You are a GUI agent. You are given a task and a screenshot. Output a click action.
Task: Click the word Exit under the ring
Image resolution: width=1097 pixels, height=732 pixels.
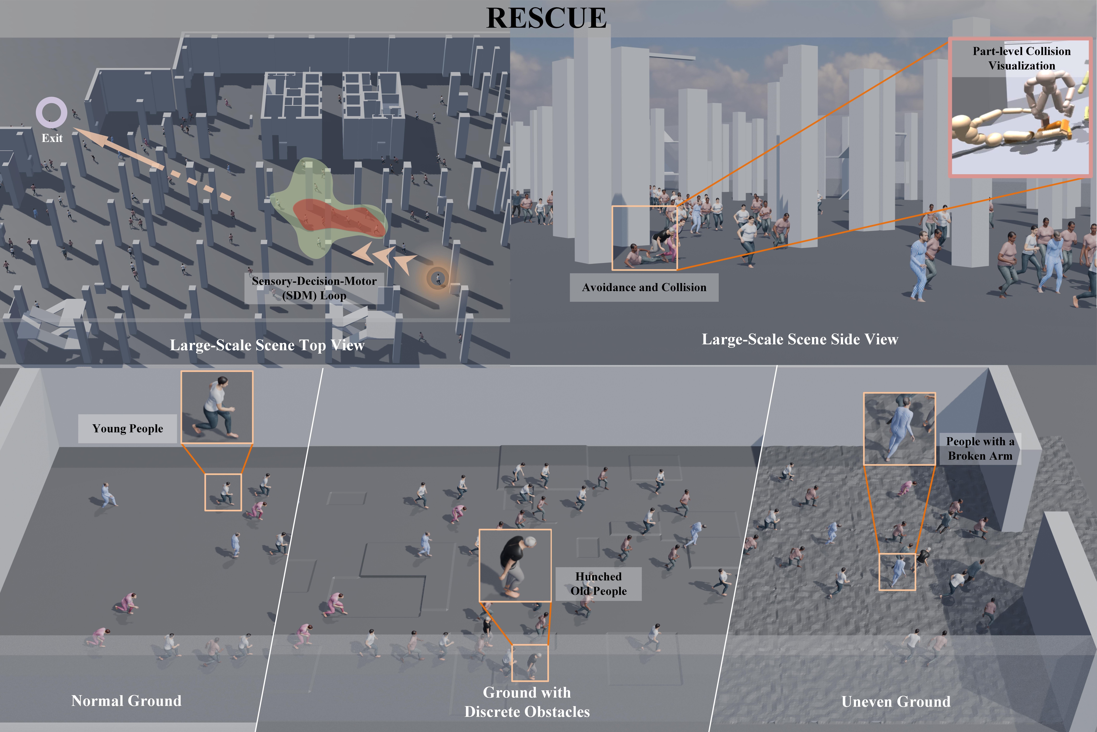[x=52, y=138]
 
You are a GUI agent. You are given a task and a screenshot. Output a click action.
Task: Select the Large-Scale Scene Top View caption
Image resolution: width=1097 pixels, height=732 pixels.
[x=267, y=345]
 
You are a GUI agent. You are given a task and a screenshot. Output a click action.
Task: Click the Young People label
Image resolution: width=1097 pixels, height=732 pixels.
[x=127, y=429]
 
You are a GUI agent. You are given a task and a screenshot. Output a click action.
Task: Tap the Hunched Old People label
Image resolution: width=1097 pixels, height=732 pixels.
[x=598, y=584]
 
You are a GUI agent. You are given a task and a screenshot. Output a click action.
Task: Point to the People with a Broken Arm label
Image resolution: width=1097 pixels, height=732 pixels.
[x=980, y=449]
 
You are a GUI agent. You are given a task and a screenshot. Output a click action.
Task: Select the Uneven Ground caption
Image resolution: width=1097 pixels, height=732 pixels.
[x=896, y=702]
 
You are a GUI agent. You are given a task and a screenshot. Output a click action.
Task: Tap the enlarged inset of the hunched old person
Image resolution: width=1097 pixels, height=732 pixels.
[x=515, y=565]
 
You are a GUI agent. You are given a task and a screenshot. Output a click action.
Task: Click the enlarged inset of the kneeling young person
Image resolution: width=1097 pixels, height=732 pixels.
[x=217, y=407]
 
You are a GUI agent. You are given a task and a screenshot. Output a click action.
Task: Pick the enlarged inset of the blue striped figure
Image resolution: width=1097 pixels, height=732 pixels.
[x=899, y=429]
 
